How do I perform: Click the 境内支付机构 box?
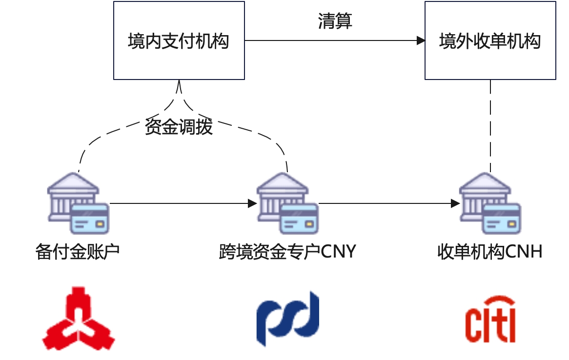(179, 40)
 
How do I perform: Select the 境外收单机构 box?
(490, 40)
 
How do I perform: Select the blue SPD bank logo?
(288, 318)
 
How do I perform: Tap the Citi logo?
(490, 320)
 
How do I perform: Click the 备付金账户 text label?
(78, 252)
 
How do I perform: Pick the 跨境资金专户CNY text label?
(287, 252)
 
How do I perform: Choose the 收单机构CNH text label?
(490, 252)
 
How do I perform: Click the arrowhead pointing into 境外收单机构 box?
(421, 40)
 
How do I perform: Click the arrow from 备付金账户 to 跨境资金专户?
(183, 203)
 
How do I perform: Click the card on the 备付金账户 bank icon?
(89, 218)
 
